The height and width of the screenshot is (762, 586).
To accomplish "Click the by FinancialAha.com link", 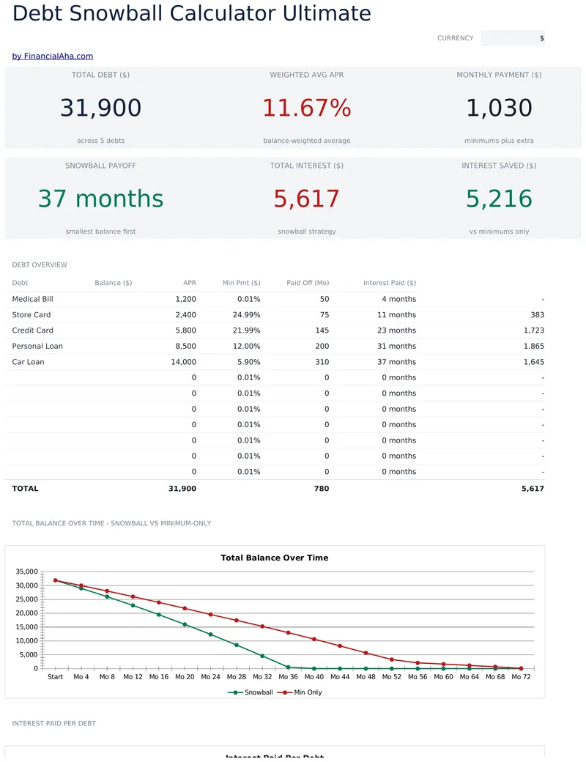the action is pos(53,56).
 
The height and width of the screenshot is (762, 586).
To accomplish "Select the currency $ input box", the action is pos(513,38).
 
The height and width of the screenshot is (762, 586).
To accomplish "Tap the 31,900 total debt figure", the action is pos(100,108).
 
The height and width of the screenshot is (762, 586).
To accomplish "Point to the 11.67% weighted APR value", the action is pos(307,108).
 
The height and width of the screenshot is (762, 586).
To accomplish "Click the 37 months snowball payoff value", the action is pos(100,199).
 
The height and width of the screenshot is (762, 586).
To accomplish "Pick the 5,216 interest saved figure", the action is pos(499,199).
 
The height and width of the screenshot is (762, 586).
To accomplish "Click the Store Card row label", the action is pos(31,315).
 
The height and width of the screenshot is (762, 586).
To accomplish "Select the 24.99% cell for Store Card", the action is pos(246,315).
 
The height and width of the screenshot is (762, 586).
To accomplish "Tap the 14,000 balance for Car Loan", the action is pos(184,362).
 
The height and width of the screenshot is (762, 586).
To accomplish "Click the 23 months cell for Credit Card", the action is pos(396,330).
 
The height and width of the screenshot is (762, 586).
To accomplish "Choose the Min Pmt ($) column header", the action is pos(242,283).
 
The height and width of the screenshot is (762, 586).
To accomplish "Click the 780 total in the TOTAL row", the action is pos(321,489).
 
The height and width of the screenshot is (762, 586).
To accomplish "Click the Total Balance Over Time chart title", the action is pos(275,558).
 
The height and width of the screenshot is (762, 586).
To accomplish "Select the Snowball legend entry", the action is pos(251,692).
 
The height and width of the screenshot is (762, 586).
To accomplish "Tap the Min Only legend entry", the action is pos(300,692).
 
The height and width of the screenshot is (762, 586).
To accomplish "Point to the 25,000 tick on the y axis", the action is pos(26,599).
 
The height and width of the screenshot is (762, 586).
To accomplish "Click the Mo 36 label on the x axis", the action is pos(288,676).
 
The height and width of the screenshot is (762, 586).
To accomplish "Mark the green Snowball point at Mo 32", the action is pos(262,656).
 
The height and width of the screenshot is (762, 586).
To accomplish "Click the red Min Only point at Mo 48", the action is pos(366,653).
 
